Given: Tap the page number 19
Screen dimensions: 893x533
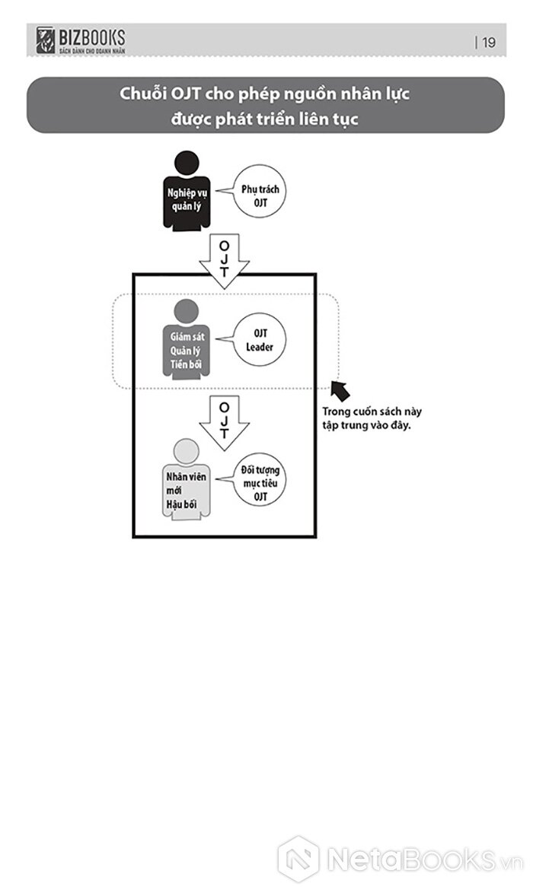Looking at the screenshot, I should point(488,43).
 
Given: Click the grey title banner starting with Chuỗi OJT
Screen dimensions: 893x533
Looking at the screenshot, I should point(265,106).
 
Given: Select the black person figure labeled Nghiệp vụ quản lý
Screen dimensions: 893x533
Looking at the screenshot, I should point(187,194).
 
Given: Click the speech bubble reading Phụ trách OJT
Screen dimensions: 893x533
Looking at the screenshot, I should point(260,195).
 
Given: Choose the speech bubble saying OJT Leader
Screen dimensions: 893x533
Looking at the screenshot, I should point(260,340).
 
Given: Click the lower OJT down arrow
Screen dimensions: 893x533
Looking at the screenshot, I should point(224,421).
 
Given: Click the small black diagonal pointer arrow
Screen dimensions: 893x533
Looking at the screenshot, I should point(341,390).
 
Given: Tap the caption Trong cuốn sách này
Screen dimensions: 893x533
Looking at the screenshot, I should point(372,412).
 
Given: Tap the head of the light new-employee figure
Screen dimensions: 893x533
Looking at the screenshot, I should point(186,450).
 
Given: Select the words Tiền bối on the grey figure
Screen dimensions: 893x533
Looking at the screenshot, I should point(186,366).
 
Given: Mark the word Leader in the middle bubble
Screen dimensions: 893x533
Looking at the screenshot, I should point(260,348).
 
